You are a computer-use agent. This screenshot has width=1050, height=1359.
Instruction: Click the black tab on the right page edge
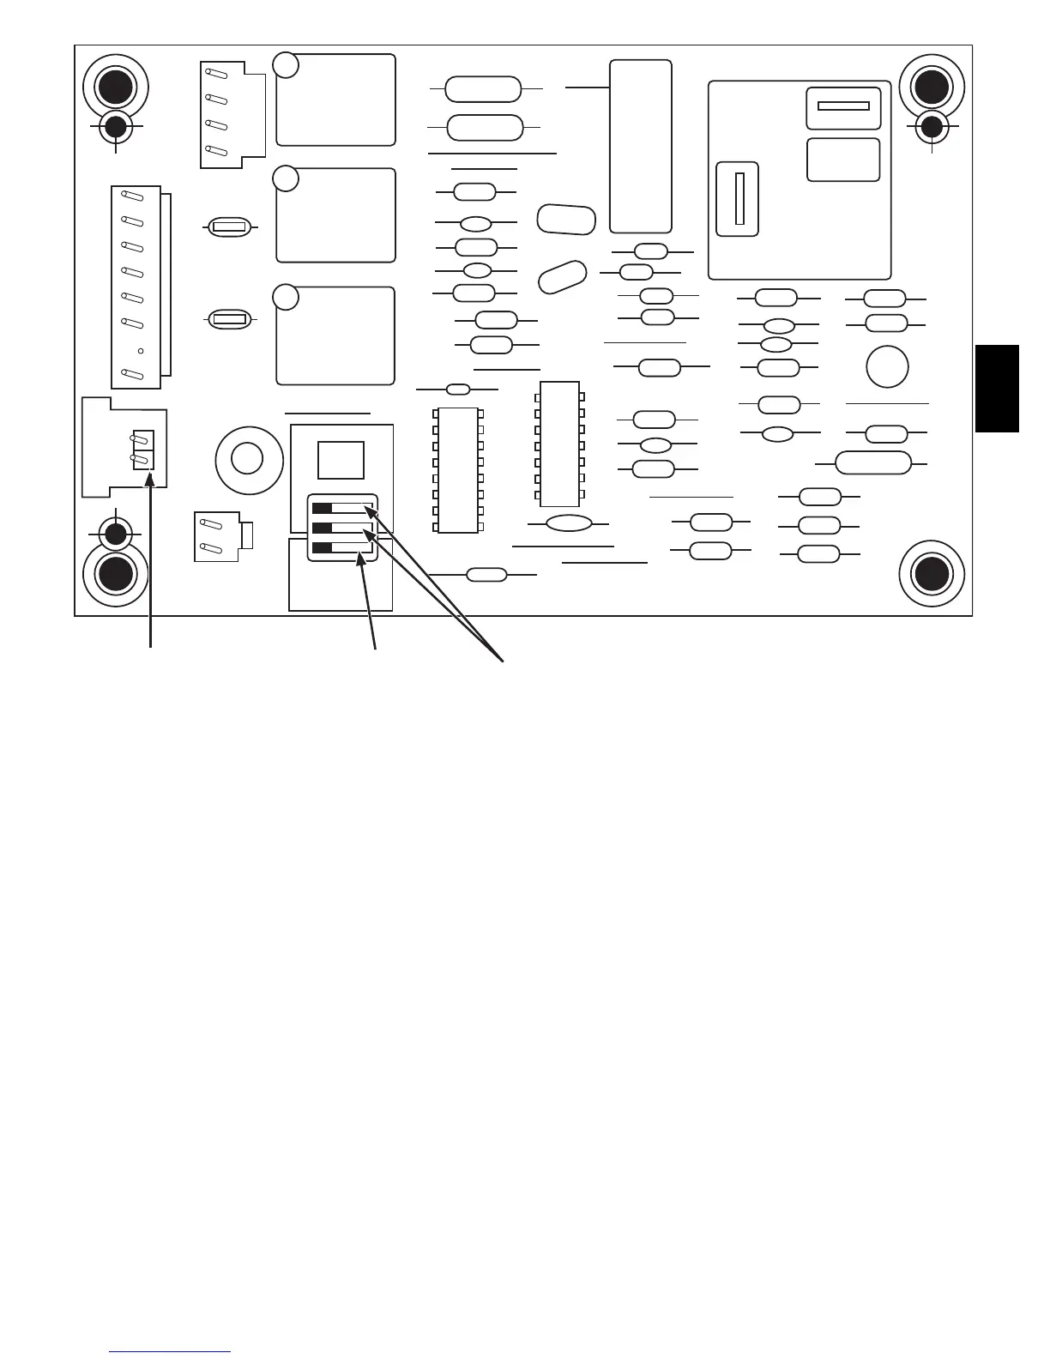pos(997,388)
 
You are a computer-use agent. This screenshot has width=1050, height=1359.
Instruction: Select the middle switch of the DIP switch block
pos(342,528)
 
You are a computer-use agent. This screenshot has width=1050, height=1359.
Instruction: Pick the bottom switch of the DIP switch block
pos(342,547)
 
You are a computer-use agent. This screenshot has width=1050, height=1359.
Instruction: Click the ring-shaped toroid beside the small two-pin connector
pos(248,456)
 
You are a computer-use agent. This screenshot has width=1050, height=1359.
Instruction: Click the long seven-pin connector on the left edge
pos(137,287)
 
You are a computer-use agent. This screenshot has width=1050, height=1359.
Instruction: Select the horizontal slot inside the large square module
pos(843,106)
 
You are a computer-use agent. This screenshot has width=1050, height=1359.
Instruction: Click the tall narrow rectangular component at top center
pos(640,146)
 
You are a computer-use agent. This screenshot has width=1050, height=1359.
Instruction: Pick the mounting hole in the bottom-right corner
pos(932,573)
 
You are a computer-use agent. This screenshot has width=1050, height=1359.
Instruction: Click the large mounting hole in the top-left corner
pos(115,87)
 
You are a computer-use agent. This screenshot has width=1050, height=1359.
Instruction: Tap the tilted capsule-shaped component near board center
pos(562,277)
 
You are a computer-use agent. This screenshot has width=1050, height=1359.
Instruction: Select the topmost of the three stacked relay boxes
pos(335,100)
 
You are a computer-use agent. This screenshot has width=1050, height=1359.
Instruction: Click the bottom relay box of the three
pos(335,335)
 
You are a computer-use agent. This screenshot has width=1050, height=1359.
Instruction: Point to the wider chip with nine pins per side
pos(457,469)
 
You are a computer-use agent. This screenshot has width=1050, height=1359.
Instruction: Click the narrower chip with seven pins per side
pos(559,444)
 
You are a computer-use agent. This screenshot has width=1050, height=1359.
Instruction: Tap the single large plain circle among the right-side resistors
pos(887,367)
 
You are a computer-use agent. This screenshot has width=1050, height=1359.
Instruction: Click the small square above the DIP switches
pos(341,459)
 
